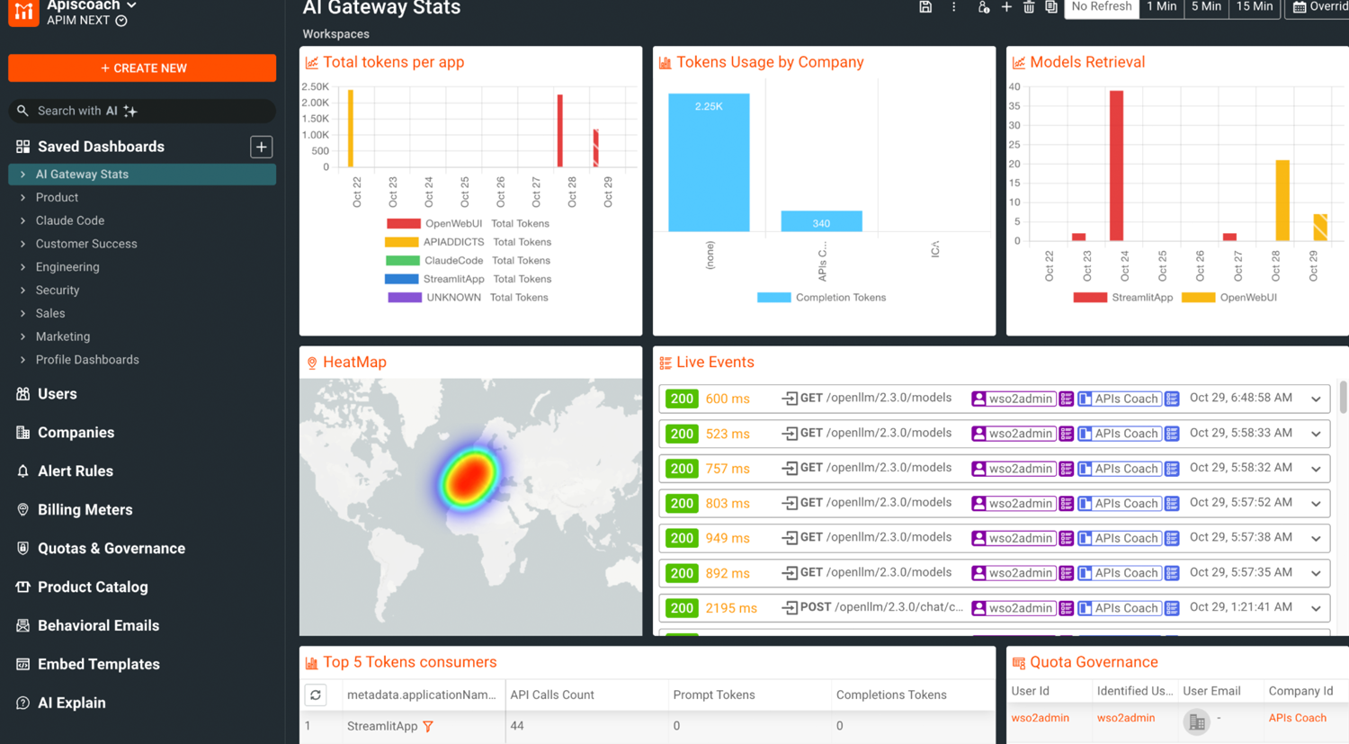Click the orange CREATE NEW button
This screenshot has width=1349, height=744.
click(142, 68)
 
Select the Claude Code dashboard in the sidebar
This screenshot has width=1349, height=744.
click(70, 220)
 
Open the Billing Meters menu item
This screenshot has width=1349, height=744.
click(85, 510)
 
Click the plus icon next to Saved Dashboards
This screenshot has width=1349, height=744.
click(261, 147)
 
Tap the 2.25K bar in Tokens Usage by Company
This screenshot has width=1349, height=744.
click(709, 162)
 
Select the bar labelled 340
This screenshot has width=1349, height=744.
click(821, 221)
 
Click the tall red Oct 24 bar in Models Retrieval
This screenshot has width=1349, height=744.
click(1116, 166)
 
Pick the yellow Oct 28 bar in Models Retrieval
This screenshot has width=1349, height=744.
click(1282, 201)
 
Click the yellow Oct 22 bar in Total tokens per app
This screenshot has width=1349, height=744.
click(351, 128)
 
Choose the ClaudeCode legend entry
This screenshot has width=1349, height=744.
click(453, 261)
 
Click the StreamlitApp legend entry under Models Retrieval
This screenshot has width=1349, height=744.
click(1141, 298)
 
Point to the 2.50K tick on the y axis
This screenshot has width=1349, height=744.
click(315, 87)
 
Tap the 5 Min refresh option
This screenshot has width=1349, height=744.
click(1206, 7)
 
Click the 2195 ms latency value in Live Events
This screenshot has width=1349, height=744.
click(730, 608)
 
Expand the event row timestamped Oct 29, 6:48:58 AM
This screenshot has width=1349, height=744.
click(1316, 399)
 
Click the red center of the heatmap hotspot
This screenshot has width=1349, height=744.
click(468, 478)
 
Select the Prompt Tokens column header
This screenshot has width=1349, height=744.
click(714, 695)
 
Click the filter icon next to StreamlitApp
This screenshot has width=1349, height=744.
click(428, 726)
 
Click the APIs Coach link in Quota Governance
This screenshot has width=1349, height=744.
click(1297, 718)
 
